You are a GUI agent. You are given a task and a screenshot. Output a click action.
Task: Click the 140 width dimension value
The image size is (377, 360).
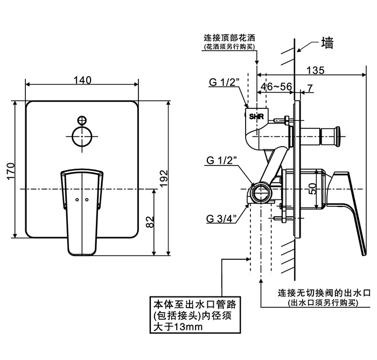[x=82, y=80]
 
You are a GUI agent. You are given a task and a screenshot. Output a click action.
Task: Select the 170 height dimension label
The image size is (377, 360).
[x=11, y=171]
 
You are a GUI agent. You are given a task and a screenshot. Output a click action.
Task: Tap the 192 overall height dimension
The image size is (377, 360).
[x=164, y=178]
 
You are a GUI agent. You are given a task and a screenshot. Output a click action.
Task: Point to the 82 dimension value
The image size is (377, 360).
[x=150, y=222]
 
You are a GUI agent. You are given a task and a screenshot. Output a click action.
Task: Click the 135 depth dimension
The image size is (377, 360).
[x=315, y=70]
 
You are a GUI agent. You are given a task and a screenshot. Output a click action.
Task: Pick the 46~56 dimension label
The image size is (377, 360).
[x=276, y=86]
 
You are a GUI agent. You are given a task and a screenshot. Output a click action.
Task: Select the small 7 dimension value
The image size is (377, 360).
[x=310, y=88]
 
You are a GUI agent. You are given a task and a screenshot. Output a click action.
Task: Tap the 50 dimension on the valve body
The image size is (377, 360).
[x=312, y=189]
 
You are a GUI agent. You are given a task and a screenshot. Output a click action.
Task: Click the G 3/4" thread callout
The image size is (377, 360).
[x=222, y=219]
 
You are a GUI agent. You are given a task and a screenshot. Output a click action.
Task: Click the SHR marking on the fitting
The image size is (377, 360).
[x=256, y=117]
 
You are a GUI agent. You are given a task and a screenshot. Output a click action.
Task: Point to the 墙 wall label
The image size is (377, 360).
[x=327, y=43]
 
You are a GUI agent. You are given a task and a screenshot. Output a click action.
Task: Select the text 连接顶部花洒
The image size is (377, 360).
[x=229, y=38]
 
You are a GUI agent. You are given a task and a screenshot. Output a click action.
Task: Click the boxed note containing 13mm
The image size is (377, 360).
[x=195, y=315]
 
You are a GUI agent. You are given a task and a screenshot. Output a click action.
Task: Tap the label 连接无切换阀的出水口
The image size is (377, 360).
[x=324, y=293]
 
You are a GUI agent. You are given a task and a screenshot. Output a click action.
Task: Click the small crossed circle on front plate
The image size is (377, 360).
[x=82, y=120]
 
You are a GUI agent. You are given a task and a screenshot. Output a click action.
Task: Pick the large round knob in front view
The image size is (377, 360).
[x=82, y=136]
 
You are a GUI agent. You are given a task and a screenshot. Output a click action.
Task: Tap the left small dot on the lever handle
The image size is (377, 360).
[x=77, y=200]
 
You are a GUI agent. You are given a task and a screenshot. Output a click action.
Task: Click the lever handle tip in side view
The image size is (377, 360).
[x=364, y=254]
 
